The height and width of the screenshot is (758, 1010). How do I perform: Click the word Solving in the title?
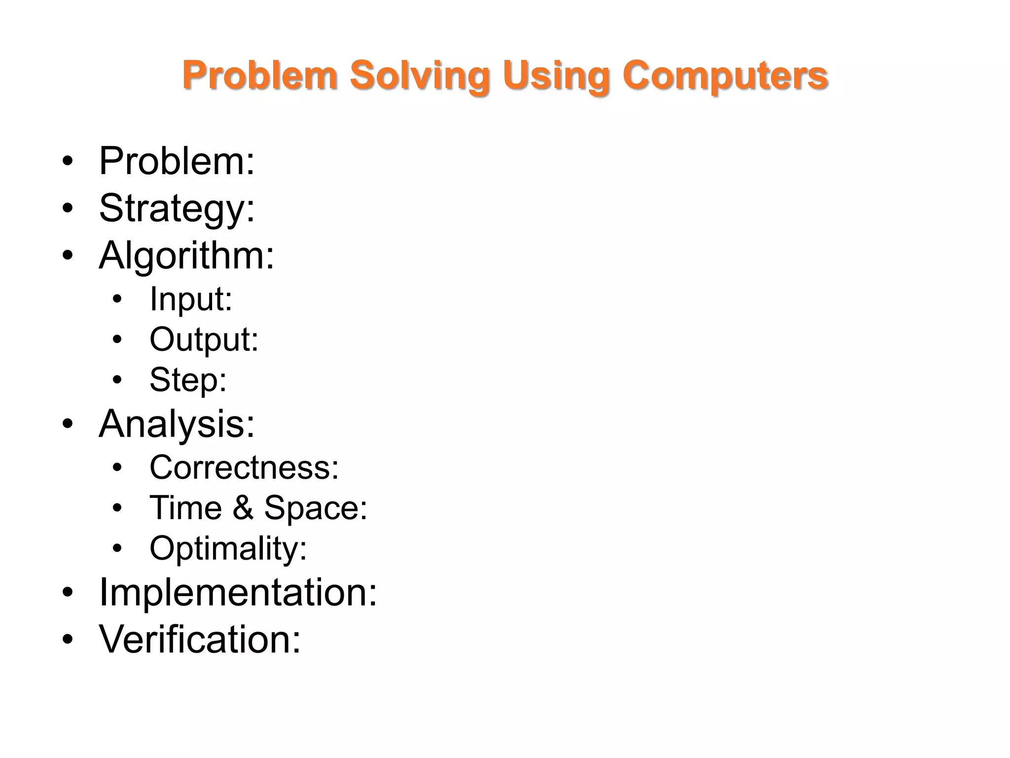(419, 76)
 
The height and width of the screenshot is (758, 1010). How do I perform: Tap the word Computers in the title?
(725, 76)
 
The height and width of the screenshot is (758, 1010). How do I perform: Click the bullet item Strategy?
(177, 208)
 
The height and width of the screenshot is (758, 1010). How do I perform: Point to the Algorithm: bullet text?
(186, 255)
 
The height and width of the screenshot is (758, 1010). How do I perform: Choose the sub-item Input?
(191, 299)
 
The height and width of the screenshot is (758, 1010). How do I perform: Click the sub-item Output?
(204, 340)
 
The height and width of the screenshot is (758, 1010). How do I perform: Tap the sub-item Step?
(188, 379)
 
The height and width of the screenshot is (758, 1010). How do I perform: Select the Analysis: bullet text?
(177, 423)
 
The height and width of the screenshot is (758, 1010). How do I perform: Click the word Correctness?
(244, 467)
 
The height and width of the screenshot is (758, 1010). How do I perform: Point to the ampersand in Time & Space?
(243, 507)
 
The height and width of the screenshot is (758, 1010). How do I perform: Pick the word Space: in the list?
(316, 507)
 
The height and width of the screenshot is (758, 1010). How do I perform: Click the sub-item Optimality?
(228, 548)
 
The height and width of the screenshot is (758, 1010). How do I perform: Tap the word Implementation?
(238, 592)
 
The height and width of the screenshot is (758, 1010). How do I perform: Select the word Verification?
(200, 639)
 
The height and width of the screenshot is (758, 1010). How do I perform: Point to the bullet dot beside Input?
(117, 300)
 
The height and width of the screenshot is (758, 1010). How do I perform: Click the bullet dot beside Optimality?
(117, 548)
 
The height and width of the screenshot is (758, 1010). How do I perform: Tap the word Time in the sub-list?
(186, 507)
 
